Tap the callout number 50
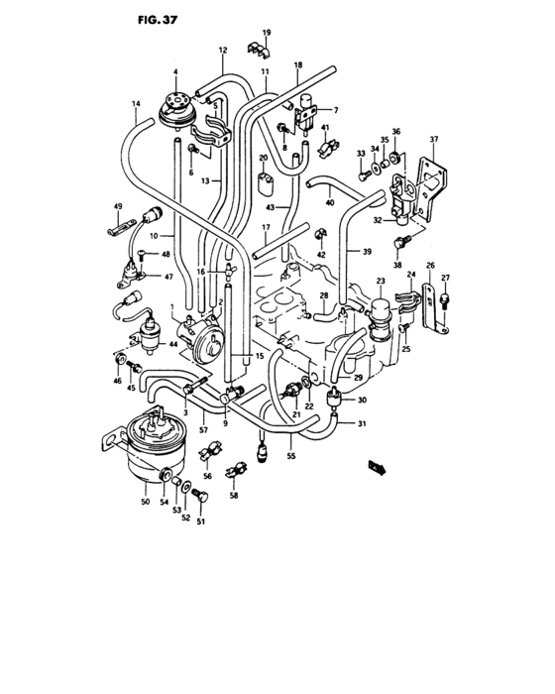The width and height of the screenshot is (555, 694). pyautogui.click(x=145, y=503)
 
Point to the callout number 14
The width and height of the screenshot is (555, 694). pyautogui.click(x=135, y=103)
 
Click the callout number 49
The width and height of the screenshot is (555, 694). pyautogui.click(x=117, y=206)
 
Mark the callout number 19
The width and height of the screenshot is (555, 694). pyautogui.click(x=266, y=33)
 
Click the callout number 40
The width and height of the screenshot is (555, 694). pyautogui.click(x=330, y=202)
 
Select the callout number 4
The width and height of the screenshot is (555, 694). pyautogui.click(x=175, y=71)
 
